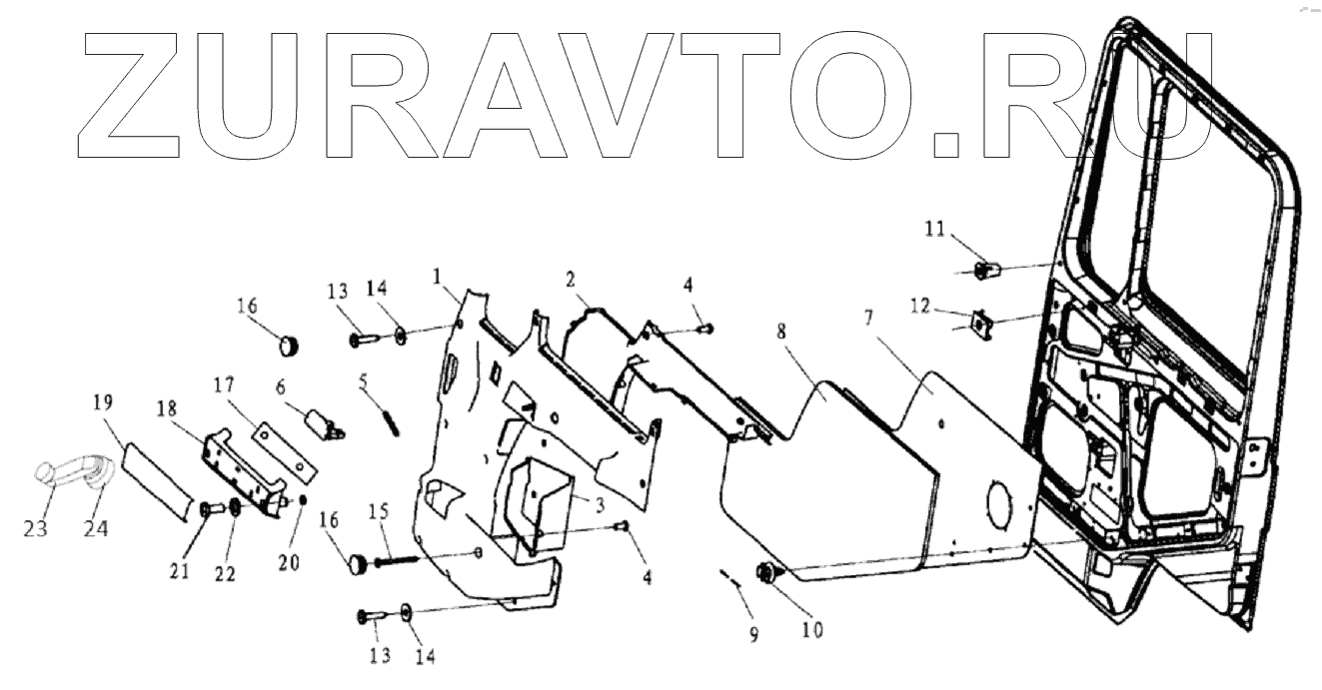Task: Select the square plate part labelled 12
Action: pos(984,323)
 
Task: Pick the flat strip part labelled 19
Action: pos(154,480)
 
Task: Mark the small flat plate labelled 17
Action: pos(283,447)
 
